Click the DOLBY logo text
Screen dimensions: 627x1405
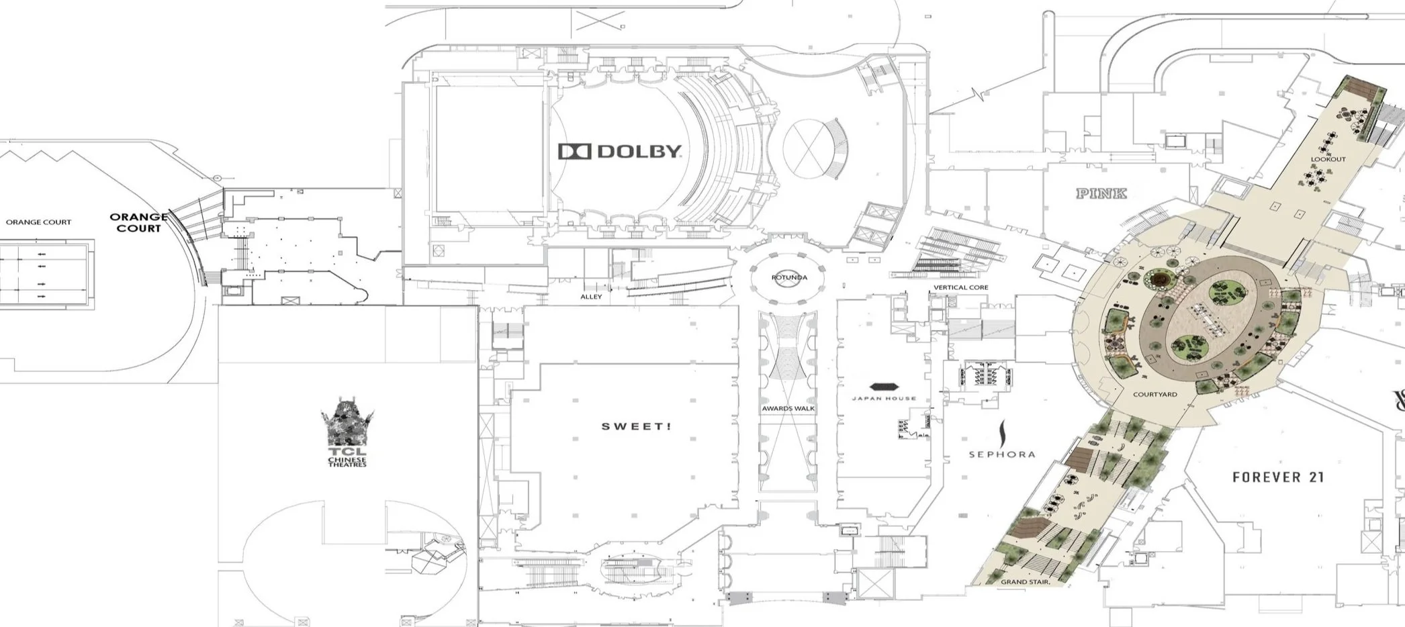point(639,152)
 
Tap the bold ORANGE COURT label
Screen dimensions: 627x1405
point(138,222)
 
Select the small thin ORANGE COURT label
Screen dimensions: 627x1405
point(38,222)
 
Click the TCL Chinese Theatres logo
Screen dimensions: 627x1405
point(347,433)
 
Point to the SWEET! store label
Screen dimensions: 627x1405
point(635,426)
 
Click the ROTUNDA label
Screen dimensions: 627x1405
point(789,277)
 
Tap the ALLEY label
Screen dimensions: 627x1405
point(591,297)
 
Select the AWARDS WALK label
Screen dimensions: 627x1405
point(788,408)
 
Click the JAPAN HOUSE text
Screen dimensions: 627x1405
point(883,399)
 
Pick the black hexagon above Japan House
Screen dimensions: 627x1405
point(883,387)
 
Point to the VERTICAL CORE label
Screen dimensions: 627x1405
point(960,287)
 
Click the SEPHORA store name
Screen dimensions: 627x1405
point(1001,454)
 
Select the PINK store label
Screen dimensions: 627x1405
point(1101,193)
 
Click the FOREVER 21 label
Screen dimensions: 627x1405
point(1278,477)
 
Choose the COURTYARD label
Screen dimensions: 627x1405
point(1154,395)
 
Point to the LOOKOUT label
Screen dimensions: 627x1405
point(1328,160)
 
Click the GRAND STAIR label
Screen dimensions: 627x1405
point(1025,582)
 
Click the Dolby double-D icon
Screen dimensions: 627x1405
point(574,152)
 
